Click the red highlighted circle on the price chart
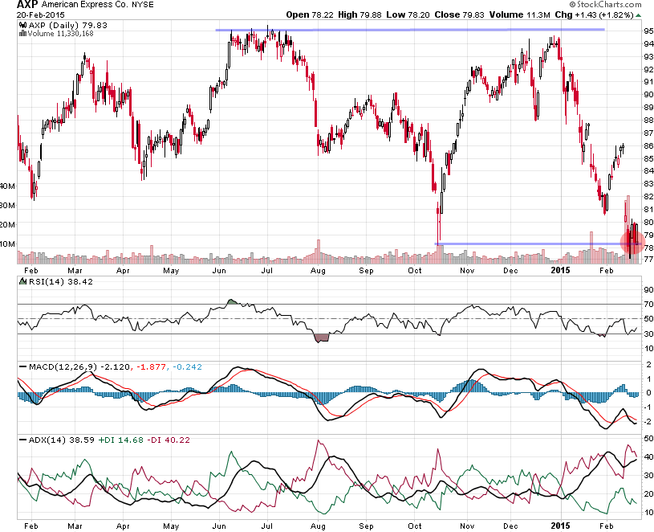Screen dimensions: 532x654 (x=633, y=241)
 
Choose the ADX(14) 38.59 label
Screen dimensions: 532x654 (x=48, y=440)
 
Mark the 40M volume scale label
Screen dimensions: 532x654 (x=7, y=186)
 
